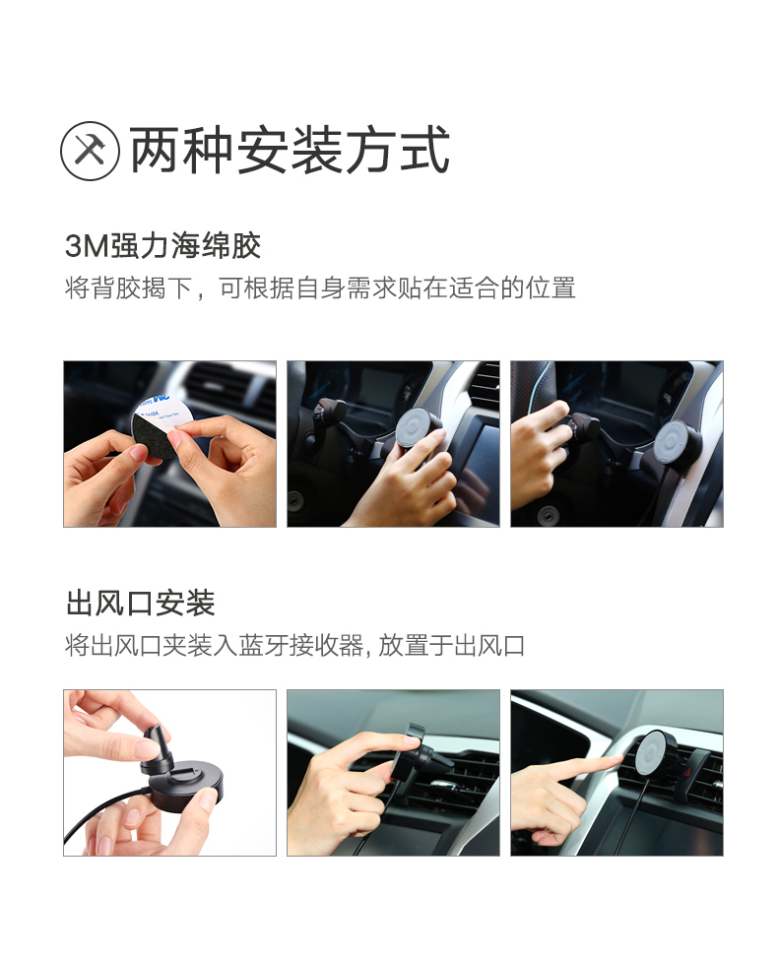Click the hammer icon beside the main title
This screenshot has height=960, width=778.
coord(90,151)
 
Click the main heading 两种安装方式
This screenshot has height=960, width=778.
coord(290,151)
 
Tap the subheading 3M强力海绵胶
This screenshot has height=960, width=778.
coord(162,246)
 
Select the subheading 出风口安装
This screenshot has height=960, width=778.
coord(140,603)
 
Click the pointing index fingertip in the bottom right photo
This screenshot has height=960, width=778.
coord(616,760)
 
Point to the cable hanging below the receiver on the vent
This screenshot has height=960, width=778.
coord(637,815)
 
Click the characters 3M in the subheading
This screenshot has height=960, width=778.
coord(87,246)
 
